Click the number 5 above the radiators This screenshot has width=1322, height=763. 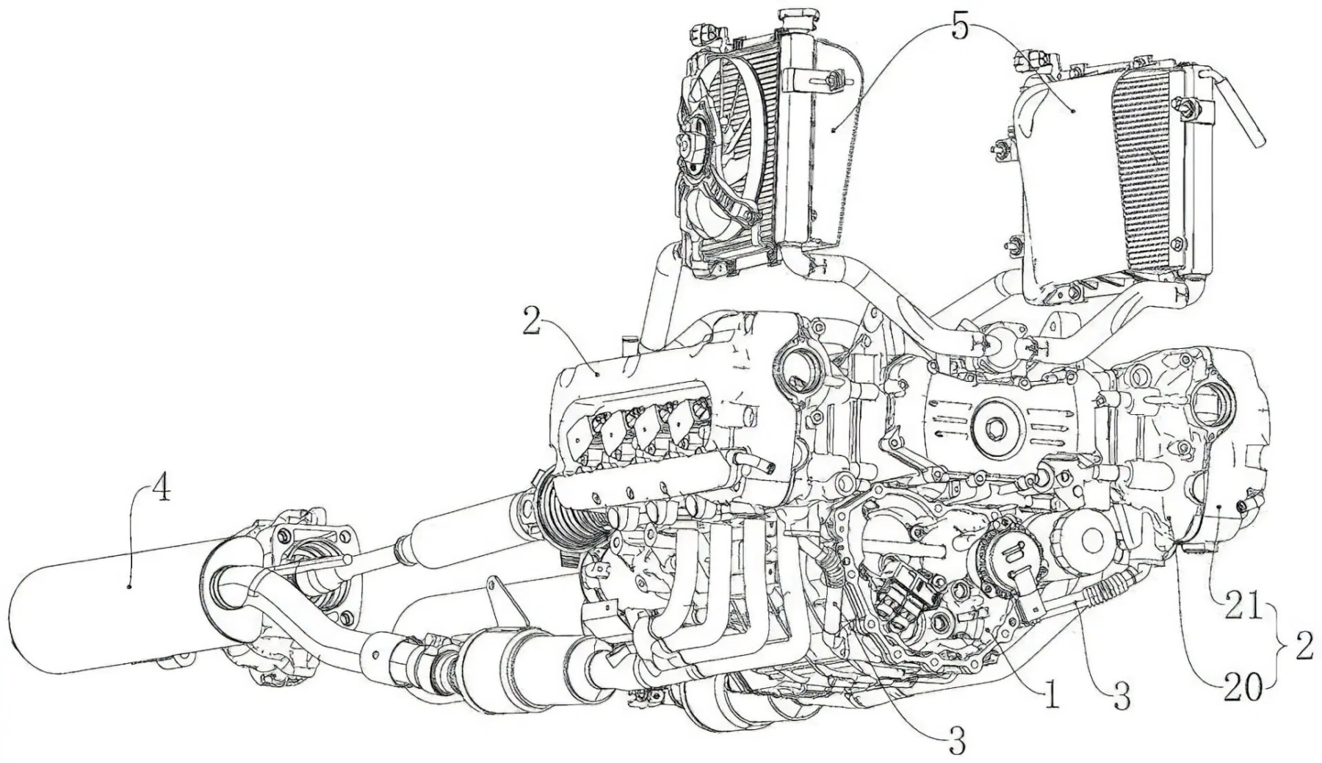click(960, 27)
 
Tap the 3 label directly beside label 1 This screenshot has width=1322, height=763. click(1121, 698)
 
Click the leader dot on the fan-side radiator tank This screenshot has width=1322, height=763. click(834, 129)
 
